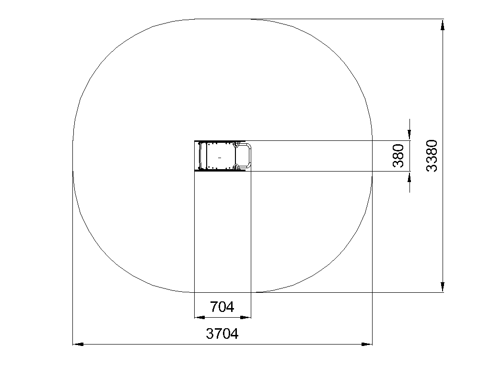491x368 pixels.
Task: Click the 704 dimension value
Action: pos(222,307)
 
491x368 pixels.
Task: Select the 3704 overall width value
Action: pos(222,333)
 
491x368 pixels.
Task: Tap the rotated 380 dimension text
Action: pos(398,156)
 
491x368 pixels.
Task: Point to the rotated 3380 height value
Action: pos(432,156)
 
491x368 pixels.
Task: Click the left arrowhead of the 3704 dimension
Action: pos(78,344)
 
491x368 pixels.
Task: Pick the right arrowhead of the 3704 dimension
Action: pos(367,344)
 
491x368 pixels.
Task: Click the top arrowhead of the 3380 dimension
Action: pos(443,25)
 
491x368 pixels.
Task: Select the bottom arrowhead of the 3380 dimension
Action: pos(443,287)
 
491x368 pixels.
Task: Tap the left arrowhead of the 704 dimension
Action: pos(200,317)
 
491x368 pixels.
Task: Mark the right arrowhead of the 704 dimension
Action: pos(245,317)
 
